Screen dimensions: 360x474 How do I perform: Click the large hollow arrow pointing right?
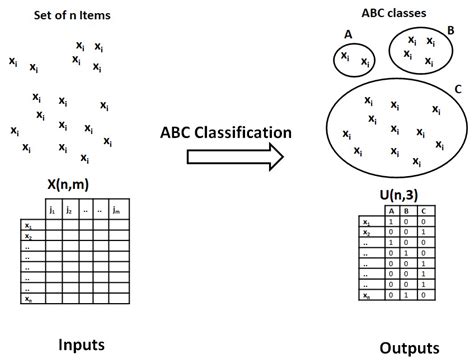coord(220,157)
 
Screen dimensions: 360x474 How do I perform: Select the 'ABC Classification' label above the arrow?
coord(225,132)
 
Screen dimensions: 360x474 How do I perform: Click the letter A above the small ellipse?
coord(348,34)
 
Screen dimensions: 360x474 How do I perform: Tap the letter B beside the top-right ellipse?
coord(451,30)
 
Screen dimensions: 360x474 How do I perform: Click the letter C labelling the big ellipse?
coord(457,88)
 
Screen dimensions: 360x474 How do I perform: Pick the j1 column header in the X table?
coord(52,210)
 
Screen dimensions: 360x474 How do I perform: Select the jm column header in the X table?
coord(118,210)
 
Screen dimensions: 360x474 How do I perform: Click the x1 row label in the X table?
coord(27,226)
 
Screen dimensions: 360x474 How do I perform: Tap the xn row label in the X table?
coord(27,297)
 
